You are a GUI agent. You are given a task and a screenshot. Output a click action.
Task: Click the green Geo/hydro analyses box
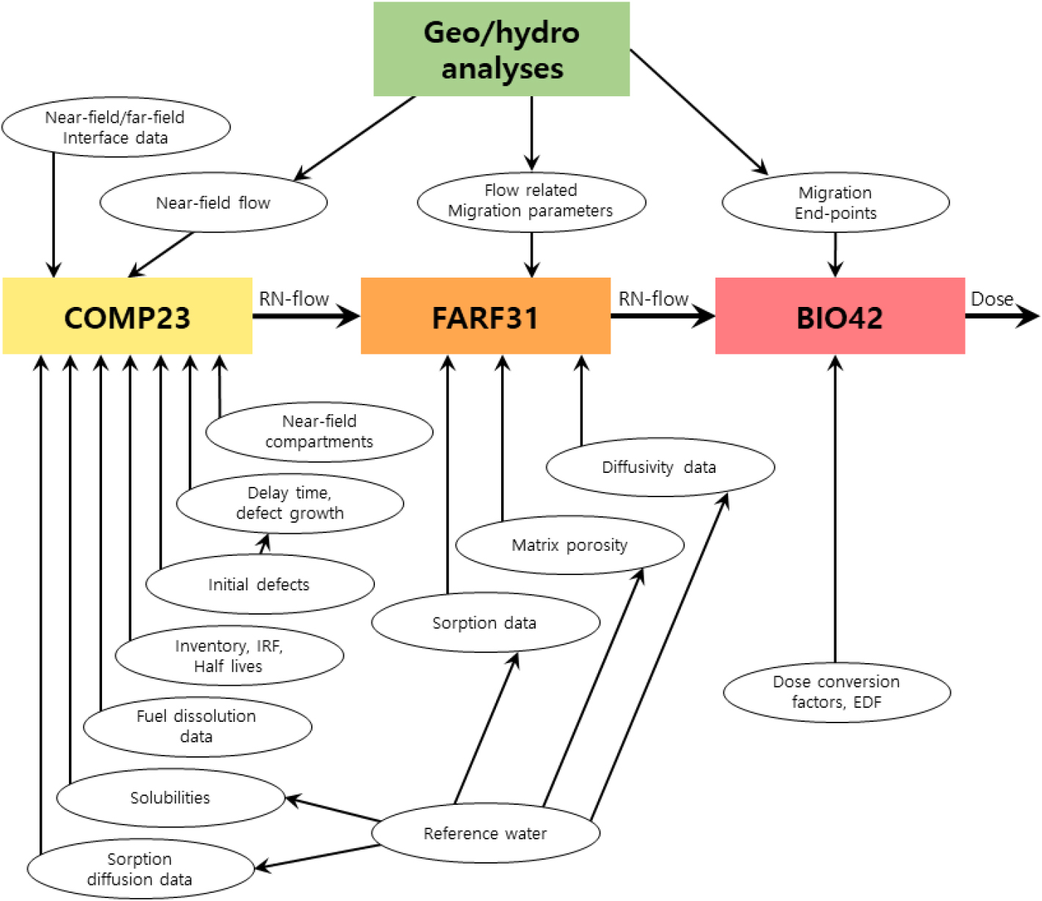[501, 49]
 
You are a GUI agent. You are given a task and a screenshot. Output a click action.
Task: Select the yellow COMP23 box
[127, 316]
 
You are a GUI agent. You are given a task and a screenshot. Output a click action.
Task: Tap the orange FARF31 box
[485, 316]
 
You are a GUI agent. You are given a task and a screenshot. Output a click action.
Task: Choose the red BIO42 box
[839, 316]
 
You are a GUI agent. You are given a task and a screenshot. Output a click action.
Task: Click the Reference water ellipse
[485, 833]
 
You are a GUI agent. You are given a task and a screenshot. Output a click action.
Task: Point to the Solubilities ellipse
[170, 797]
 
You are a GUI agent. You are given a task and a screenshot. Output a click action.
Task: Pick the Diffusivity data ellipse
[660, 467]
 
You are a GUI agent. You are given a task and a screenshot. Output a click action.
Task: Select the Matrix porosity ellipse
[569, 545]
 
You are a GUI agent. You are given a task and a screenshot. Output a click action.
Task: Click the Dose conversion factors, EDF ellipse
[837, 692]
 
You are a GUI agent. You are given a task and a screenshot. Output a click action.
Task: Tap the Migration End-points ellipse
[835, 203]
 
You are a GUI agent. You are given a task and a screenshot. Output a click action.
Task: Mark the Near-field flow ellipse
[213, 203]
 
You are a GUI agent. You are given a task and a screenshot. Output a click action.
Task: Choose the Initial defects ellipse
[259, 585]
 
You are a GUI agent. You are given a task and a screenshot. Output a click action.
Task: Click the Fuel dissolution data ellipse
[197, 726]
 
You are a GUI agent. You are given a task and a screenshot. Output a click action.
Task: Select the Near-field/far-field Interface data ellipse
[115, 127]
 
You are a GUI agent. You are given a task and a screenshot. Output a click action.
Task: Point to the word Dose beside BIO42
[991, 299]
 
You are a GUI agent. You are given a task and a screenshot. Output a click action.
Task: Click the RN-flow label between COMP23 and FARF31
[294, 299]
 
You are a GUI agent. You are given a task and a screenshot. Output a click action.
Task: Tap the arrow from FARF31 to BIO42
[662, 316]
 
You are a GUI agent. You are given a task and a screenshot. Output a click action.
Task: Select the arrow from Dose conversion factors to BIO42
[835, 514]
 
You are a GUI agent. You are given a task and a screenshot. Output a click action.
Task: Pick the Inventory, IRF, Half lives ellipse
[229, 656]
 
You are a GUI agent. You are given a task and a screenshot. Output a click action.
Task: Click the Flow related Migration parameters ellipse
[531, 200]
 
